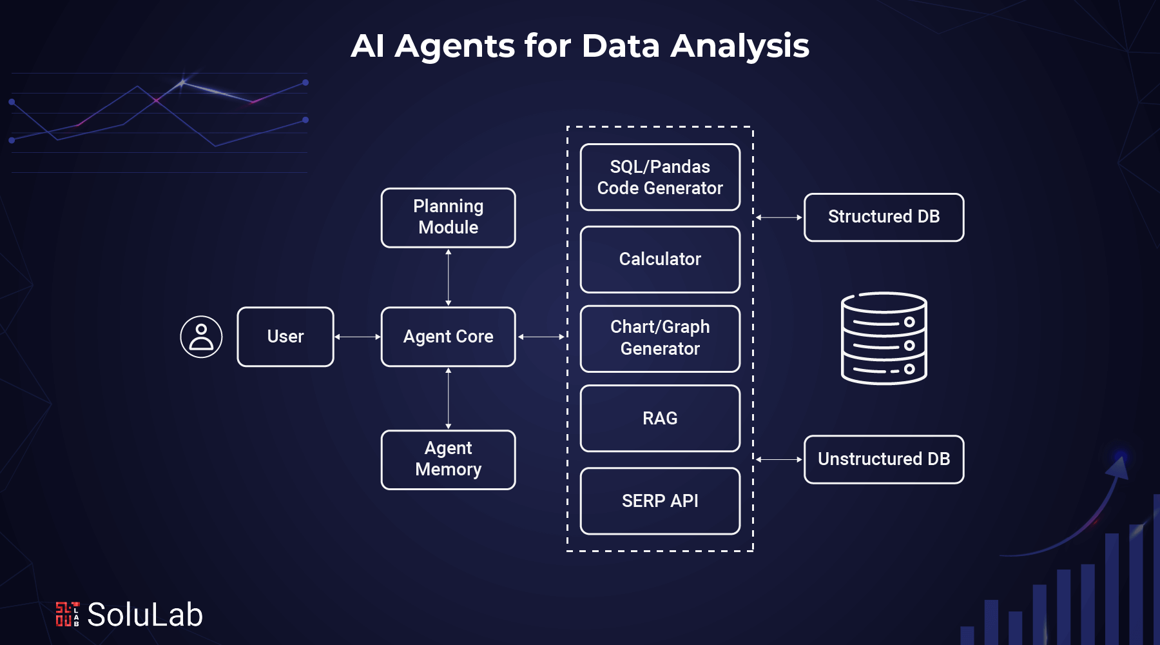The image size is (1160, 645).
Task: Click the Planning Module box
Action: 448,217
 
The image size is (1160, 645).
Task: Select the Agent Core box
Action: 448,337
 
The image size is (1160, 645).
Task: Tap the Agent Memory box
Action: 448,459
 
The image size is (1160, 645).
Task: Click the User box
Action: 285,337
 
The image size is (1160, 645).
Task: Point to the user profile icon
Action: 201,337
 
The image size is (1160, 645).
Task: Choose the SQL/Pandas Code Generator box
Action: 660,177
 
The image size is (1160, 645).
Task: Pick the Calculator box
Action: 660,259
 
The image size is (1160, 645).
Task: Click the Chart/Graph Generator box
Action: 660,338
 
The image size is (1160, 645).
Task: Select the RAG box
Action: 660,418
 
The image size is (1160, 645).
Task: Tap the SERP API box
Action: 660,501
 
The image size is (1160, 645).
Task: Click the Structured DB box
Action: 884,217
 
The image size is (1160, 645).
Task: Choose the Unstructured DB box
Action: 884,459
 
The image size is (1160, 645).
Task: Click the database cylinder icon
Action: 884,339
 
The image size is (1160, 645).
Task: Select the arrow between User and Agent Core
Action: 358,337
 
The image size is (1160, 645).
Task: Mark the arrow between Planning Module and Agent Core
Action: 449,277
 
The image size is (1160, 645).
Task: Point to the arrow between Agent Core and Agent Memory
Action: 449,398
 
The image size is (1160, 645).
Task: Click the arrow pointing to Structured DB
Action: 778,217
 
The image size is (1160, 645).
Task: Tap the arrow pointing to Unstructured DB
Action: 778,459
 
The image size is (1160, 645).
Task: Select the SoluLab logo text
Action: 144,614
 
